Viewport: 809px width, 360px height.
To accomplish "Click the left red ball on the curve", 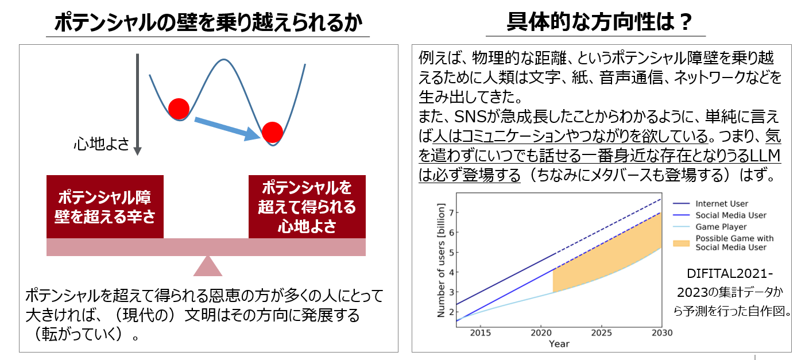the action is (x=179, y=109).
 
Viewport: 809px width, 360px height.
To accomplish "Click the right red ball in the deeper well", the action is (x=272, y=132).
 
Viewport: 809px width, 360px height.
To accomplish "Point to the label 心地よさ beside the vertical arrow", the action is (x=102, y=144).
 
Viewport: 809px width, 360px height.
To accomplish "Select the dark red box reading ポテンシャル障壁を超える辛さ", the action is (x=105, y=207).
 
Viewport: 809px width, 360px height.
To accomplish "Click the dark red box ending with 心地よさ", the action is (x=307, y=207).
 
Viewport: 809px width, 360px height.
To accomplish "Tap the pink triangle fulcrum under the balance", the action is (x=208, y=266).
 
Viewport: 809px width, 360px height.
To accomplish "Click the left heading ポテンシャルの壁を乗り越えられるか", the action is (x=208, y=22).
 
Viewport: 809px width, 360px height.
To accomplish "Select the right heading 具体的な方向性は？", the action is (x=599, y=22).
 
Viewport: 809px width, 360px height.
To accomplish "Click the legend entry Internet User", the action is (x=722, y=204).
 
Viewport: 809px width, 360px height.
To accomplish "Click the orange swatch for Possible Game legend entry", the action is (x=681, y=243).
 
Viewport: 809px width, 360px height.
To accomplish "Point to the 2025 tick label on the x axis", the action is (x=601, y=332).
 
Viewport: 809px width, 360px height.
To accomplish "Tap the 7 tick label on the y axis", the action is (x=451, y=212).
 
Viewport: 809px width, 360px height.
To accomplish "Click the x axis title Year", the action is (x=559, y=344).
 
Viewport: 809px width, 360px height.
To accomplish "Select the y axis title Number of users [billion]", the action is (x=440, y=260).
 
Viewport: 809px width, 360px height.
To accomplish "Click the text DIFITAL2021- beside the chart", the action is (x=730, y=274).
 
